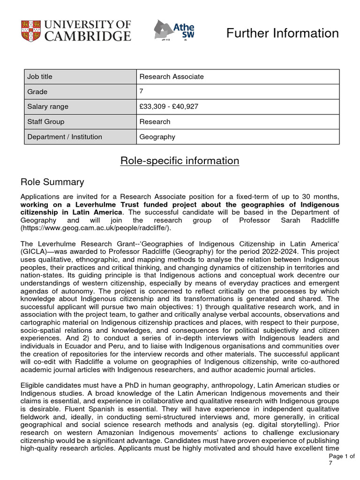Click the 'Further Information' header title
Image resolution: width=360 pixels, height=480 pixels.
coord(282,33)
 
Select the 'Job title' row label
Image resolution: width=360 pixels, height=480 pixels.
coord(40,76)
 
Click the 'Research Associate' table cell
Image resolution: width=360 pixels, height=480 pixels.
coord(172,76)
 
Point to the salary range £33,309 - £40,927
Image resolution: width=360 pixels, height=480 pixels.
coord(169,106)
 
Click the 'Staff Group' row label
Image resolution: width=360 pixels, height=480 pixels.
coord(46,121)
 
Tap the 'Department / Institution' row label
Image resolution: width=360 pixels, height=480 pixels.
coord(65,137)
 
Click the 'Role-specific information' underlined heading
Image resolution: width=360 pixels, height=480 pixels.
coord(180,161)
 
